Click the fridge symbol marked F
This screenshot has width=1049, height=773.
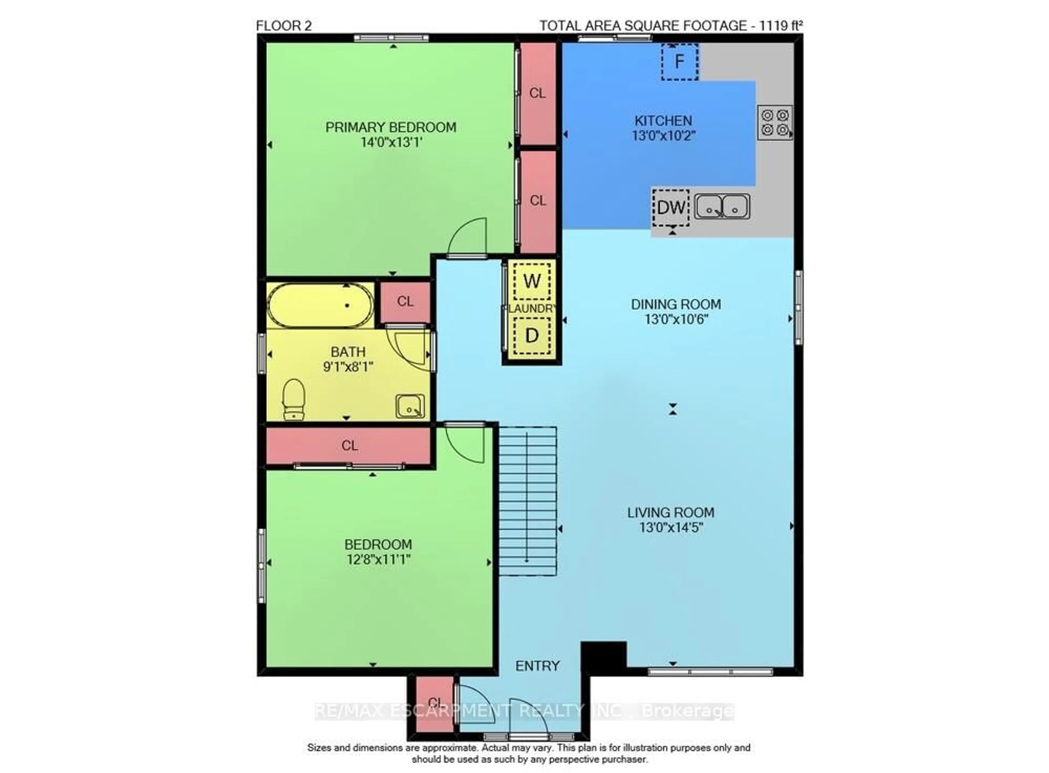coord(679,62)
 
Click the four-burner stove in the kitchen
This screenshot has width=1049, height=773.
coord(775,122)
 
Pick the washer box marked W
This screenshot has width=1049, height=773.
coord(532,281)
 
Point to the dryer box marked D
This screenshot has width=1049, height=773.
coord(532,335)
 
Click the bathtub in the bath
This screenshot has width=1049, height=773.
coord(320,305)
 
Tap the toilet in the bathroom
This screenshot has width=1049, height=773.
coord(294,399)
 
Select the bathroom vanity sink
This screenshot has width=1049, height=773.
coord(410,406)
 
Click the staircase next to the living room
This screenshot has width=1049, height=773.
coord(527,501)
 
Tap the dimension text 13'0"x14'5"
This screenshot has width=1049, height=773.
coord(671,528)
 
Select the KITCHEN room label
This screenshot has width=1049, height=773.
coord(663,121)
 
